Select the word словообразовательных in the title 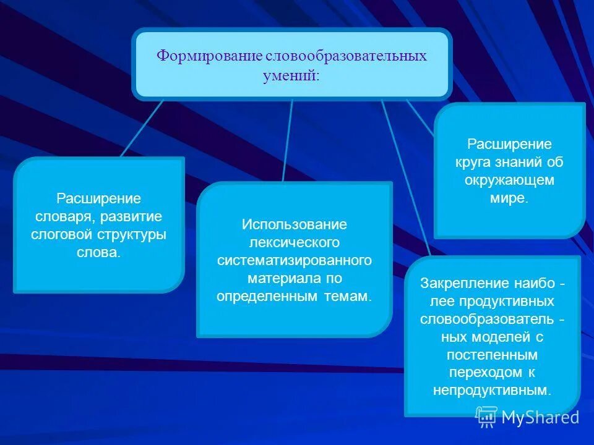pos(346,56)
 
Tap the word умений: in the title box pos(292,75)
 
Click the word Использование pos(294,224)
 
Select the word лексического pos(294,242)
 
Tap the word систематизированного pos(294,260)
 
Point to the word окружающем pos(509,180)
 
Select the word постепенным pos(492,355)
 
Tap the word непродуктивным pos(492,391)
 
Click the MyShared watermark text pos(540,417)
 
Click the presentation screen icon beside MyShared pos(487,417)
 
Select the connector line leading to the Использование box pos(288,140)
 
